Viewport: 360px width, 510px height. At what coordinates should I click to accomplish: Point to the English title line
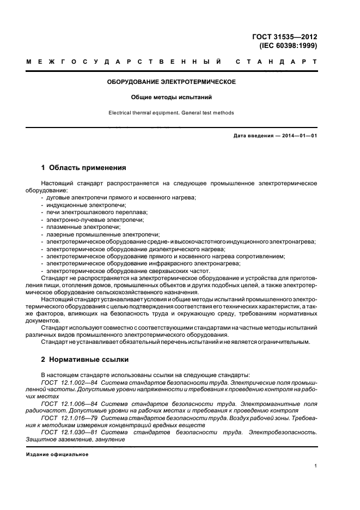171,113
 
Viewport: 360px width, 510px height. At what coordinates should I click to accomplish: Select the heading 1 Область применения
84,168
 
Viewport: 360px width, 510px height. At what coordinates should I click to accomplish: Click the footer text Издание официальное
57,454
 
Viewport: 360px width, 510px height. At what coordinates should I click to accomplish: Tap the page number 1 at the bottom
316,466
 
